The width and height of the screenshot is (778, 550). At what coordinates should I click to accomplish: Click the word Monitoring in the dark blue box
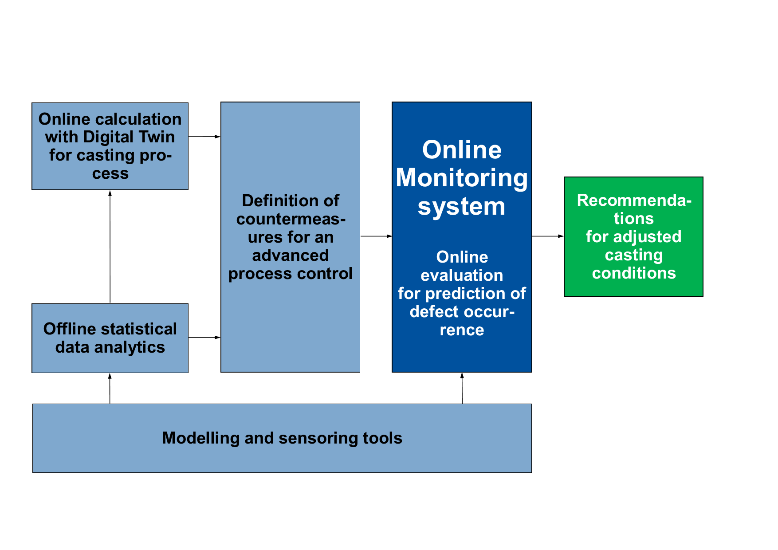pyautogui.click(x=462, y=178)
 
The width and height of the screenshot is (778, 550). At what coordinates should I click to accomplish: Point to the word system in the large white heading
pyautogui.click(x=461, y=207)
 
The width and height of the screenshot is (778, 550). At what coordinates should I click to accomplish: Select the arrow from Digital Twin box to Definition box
pyautogui.click(x=204, y=137)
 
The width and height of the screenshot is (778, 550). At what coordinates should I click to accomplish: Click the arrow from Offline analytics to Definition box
pyautogui.click(x=204, y=338)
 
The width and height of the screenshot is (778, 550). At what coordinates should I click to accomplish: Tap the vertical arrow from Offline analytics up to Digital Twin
pyautogui.click(x=110, y=247)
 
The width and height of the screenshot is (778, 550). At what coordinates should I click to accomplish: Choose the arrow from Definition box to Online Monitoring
pyautogui.click(x=376, y=236)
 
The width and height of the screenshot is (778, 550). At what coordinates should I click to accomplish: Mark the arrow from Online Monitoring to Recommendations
pyautogui.click(x=548, y=236)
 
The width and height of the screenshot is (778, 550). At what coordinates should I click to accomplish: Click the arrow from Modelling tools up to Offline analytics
pyautogui.click(x=110, y=389)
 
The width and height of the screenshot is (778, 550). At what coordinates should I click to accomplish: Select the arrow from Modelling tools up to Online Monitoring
pyautogui.click(x=462, y=389)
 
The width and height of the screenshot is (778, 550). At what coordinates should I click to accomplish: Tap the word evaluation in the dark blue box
pyautogui.click(x=462, y=275)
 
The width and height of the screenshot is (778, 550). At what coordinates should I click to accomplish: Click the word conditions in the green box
pyautogui.click(x=634, y=273)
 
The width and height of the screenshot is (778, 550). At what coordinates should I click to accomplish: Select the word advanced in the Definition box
pyautogui.click(x=291, y=255)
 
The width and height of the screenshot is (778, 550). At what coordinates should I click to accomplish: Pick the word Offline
pyautogui.click(x=69, y=329)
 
